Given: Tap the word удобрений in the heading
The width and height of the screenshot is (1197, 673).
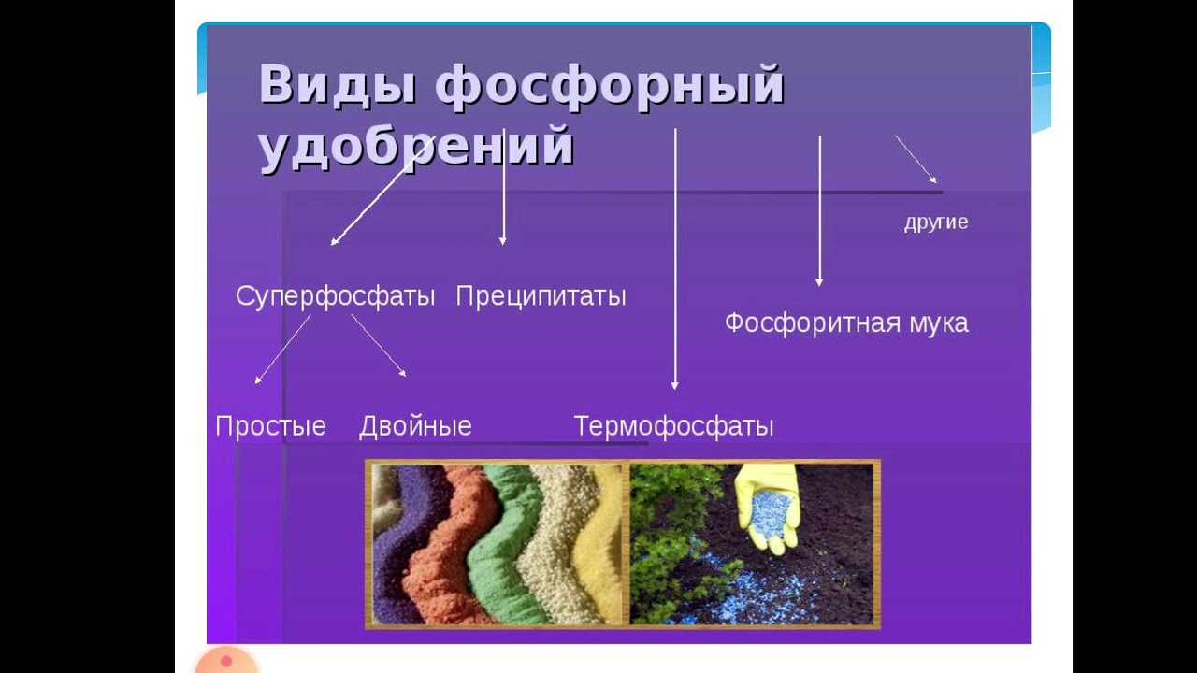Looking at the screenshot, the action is click(x=417, y=146).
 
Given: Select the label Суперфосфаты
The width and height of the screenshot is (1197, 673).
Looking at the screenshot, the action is click(x=336, y=296).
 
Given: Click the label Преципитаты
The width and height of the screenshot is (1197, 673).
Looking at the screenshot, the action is click(x=541, y=296).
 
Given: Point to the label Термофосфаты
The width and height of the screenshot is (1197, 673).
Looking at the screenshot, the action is click(x=674, y=426).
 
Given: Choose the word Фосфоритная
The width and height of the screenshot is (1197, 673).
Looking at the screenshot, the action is click(x=813, y=323).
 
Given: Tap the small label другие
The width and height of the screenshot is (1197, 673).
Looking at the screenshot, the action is click(x=936, y=222).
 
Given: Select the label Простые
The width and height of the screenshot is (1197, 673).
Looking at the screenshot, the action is click(x=271, y=426).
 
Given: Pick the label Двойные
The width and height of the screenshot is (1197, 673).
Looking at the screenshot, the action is click(x=416, y=426).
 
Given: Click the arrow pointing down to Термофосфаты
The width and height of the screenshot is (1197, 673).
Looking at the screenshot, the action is click(x=675, y=259).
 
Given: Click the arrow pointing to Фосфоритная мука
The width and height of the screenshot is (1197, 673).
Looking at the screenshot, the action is click(x=820, y=211).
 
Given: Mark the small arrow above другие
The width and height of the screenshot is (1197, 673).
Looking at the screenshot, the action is click(x=916, y=160).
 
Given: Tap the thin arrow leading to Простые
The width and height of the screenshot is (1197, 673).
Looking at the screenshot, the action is click(x=282, y=350).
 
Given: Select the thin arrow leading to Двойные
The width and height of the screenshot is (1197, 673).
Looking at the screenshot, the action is click(x=379, y=346).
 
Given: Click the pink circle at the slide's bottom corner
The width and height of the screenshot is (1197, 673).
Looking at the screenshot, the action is click(x=226, y=661).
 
